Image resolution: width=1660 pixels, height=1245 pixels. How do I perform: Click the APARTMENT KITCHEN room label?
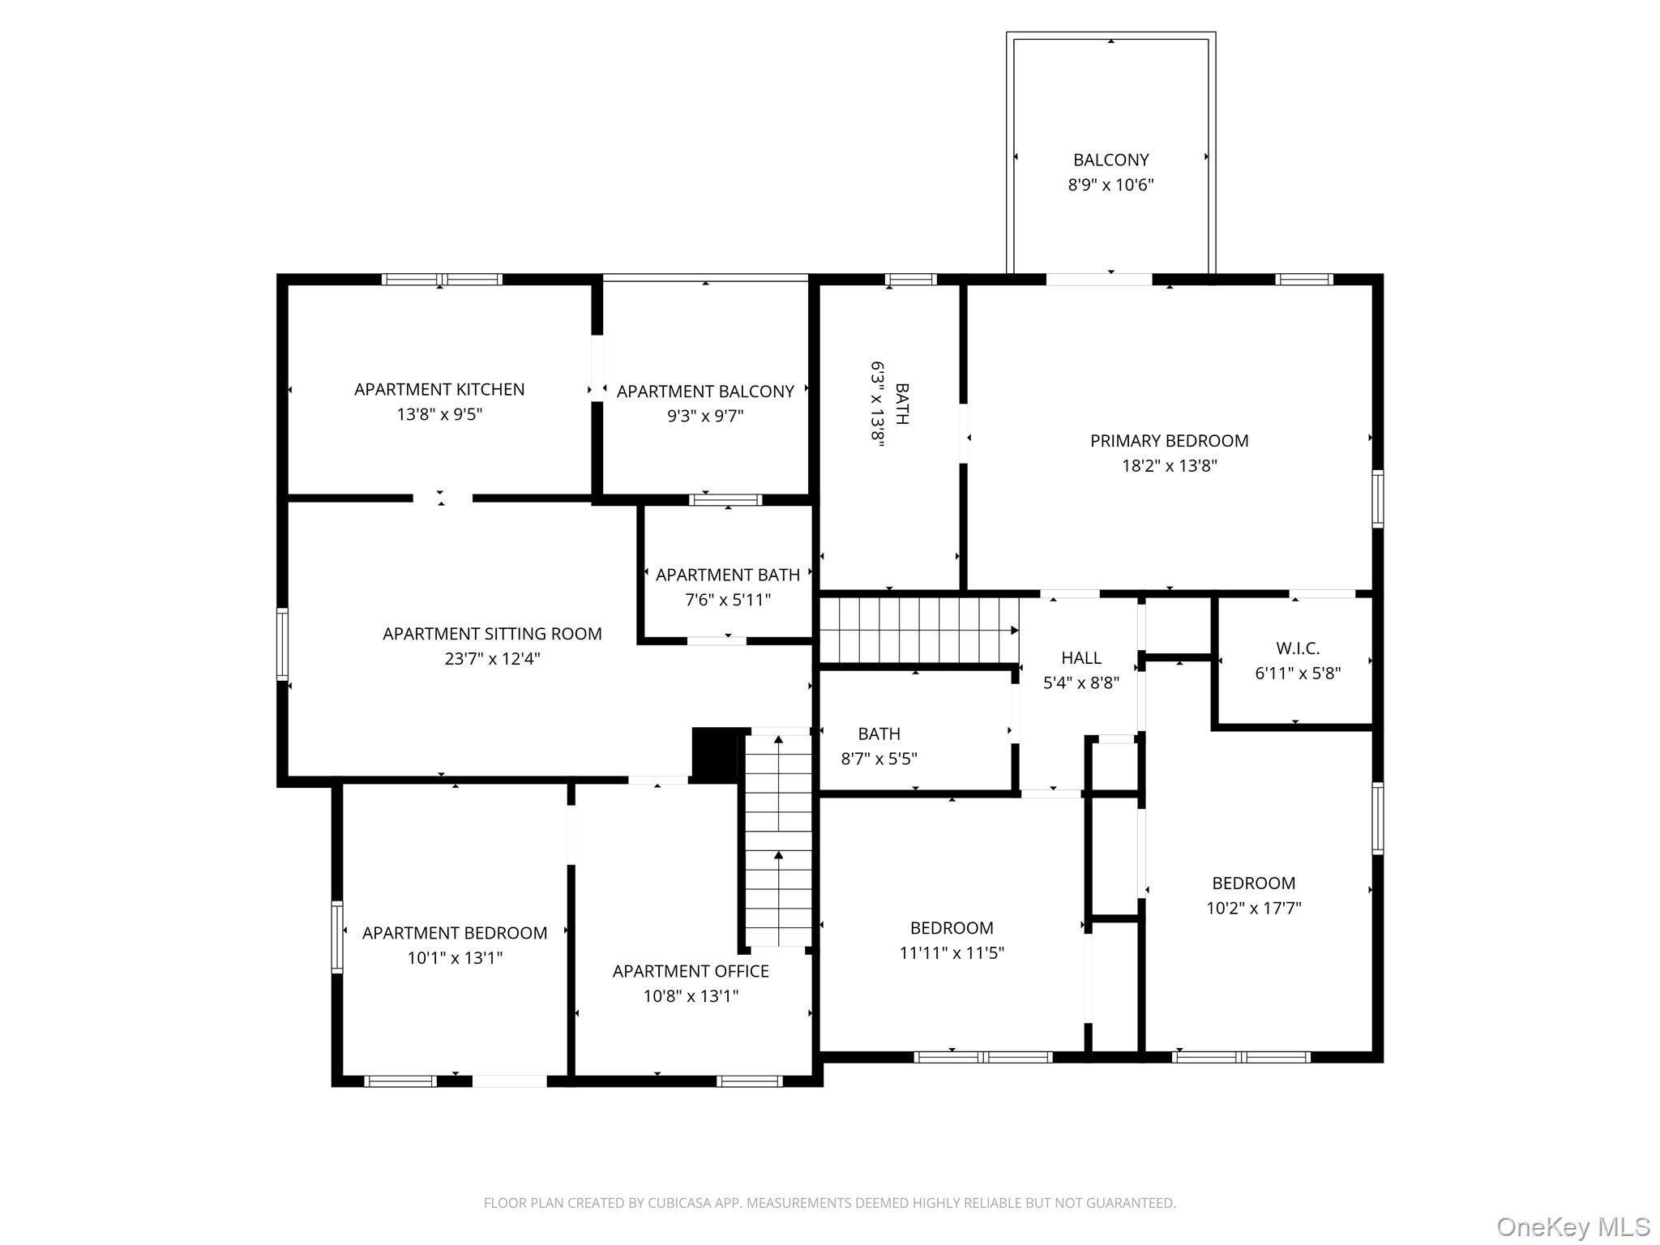tap(439, 390)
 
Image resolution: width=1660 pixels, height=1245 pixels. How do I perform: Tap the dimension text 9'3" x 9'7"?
tap(705, 417)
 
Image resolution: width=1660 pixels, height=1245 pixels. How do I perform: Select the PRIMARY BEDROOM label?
tap(1169, 441)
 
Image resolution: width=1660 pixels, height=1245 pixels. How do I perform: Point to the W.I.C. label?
tap(1298, 648)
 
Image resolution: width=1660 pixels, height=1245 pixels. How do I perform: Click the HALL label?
tap(1081, 658)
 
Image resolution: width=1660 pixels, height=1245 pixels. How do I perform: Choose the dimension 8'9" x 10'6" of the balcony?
tap(1110, 185)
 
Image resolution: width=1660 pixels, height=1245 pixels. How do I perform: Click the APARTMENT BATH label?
tap(727, 575)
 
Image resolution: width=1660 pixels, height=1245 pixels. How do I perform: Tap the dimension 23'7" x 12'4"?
tap(492, 659)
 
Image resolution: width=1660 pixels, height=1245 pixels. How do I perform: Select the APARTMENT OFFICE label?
tap(691, 971)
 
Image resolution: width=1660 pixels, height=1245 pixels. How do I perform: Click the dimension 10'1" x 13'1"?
tap(455, 958)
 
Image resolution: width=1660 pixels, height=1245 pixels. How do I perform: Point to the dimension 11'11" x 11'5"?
tap(952, 953)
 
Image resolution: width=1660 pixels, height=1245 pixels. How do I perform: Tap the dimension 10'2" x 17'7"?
tap(1253, 909)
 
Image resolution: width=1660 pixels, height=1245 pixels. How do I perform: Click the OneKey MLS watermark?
tap(1572, 1226)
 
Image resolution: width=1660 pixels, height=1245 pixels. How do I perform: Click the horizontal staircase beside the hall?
tap(918, 631)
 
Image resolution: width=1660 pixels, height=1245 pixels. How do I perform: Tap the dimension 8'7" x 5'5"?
tap(879, 759)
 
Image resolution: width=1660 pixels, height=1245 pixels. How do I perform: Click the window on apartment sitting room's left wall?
tap(282, 644)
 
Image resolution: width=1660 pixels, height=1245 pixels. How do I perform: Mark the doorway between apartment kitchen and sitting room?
tap(442, 498)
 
